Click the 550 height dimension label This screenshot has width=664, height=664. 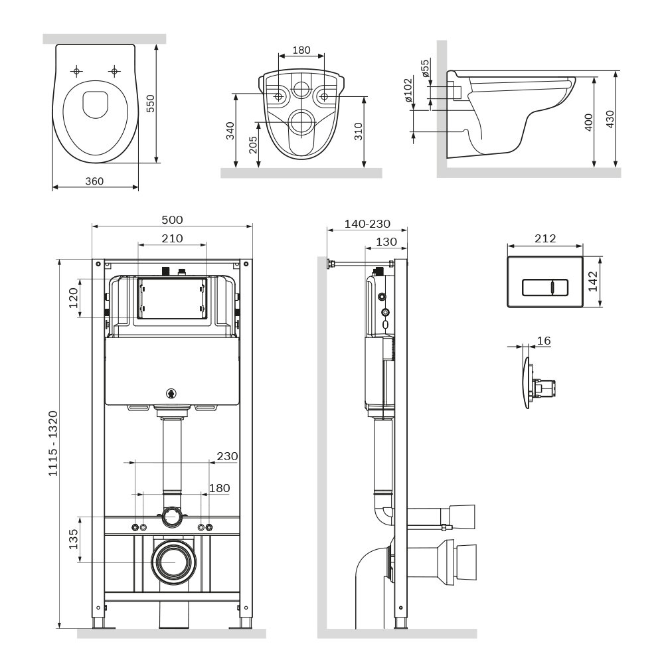[150, 103]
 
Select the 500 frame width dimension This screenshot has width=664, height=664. [172, 220]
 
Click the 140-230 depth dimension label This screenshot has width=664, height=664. [367, 224]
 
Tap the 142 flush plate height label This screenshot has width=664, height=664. [593, 282]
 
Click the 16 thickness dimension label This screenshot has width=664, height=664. [543, 341]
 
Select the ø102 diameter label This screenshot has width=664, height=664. [408, 91]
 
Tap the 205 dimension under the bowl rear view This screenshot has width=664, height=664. [252, 145]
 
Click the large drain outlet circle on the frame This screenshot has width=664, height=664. [172, 560]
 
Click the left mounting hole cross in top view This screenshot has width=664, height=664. [77, 70]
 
